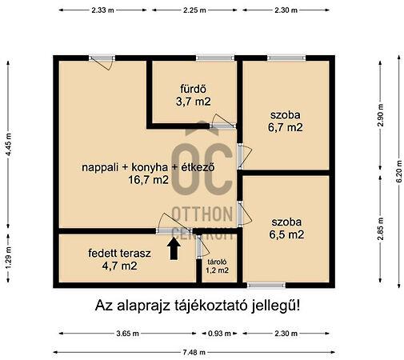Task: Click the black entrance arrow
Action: [173, 249]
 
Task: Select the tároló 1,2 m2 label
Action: [217, 266]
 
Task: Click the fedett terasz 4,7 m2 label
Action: [120, 259]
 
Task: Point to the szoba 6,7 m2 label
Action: [286, 120]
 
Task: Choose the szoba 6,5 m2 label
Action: [286, 227]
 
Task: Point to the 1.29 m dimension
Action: [9, 260]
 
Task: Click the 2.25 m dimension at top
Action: [193, 10]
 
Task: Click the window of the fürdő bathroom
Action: [210, 58]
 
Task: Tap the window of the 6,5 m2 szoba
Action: [266, 285]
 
